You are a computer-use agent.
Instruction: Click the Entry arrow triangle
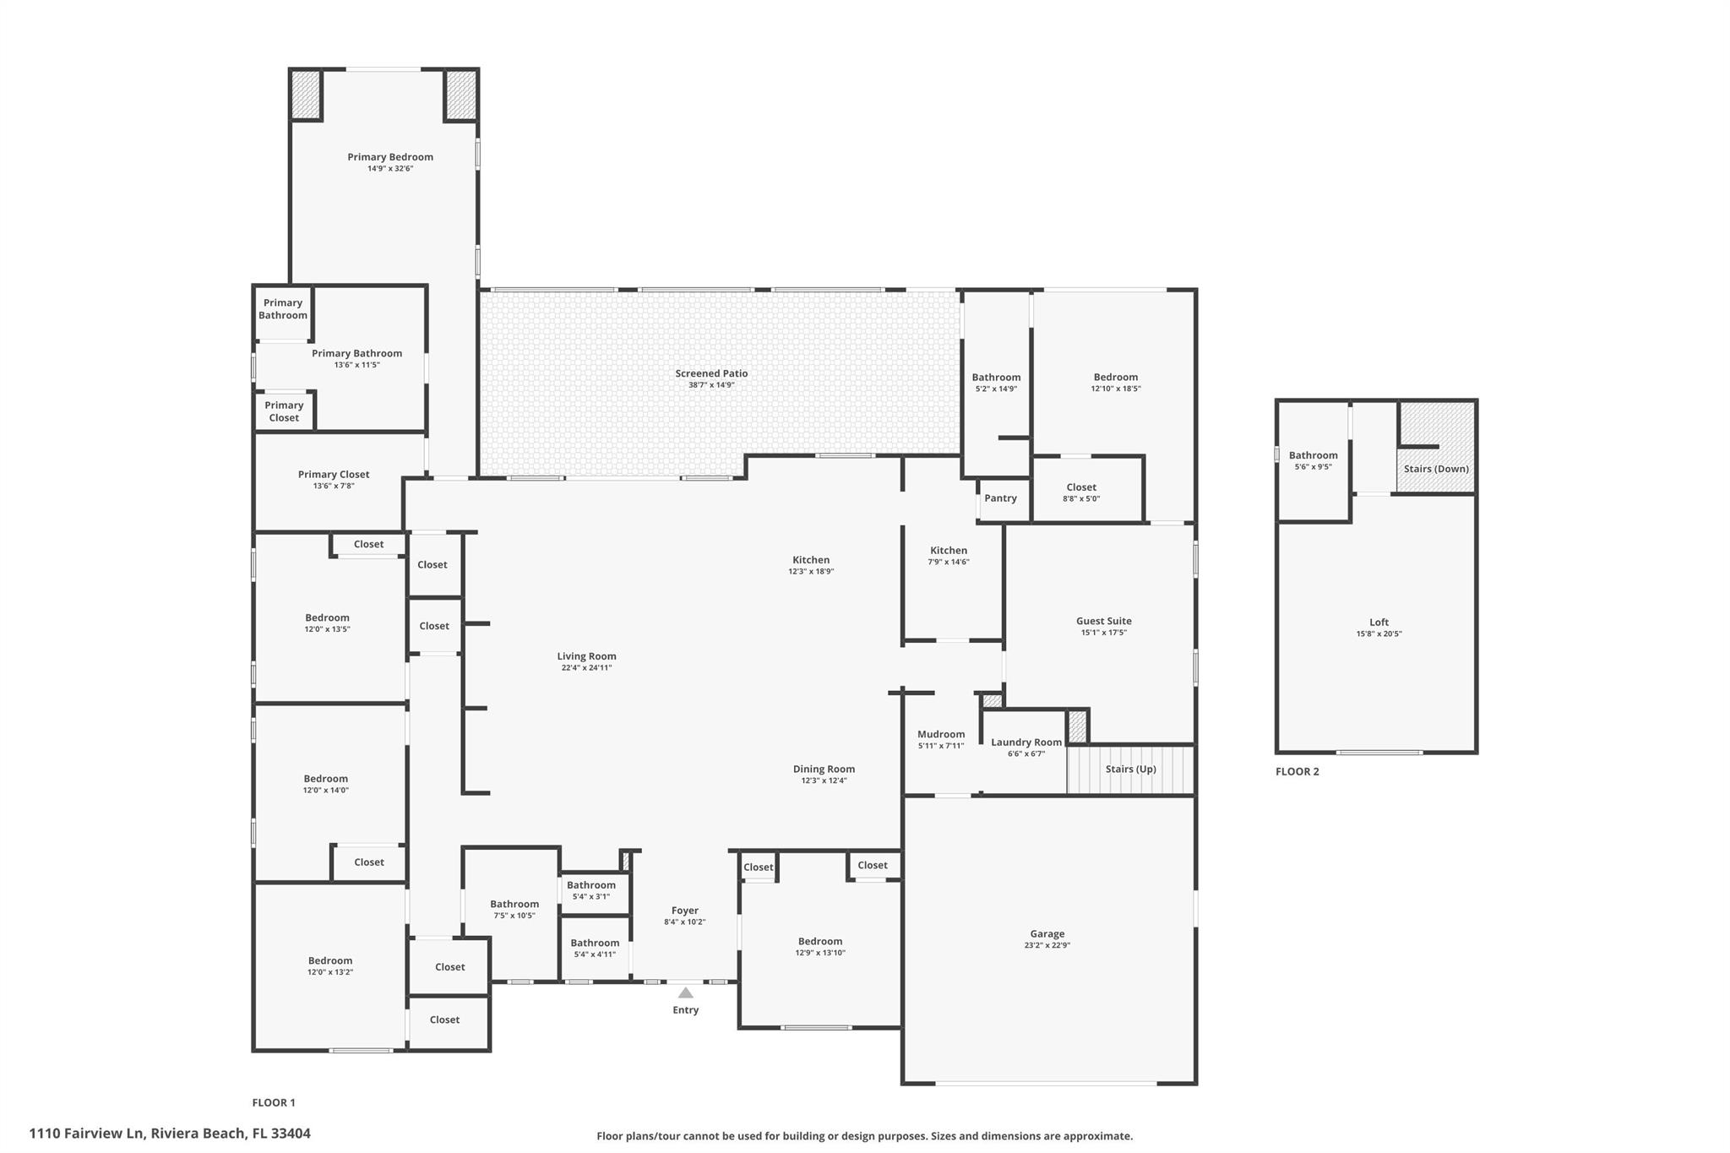tap(685, 993)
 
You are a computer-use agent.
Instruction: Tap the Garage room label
tap(1047, 933)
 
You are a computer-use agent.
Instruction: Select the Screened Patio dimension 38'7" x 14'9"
tap(711, 385)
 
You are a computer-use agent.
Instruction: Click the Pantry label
tap(1000, 498)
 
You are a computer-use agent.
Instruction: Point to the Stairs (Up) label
tap(1130, 769)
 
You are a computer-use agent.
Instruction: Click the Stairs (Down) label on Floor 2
tap(1436, 469)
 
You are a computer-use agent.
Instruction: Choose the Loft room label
tap(1379, 622)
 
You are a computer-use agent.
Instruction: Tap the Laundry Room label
tap(1025, 742)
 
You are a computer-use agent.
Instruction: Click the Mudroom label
tap(940, 734)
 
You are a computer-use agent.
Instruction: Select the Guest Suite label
tap(1103, 621)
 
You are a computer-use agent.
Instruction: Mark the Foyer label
tap(684, 911)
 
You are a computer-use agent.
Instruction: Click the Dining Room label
tap(824, 769)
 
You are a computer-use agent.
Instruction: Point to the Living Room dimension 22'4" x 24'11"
tap(586, 668)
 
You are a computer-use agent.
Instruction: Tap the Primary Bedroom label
tap(390, 157)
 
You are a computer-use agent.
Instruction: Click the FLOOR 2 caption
tap(1297, 771)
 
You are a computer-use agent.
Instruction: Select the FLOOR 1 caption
tap(274, 1102)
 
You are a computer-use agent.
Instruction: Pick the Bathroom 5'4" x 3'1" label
tap(590, 885)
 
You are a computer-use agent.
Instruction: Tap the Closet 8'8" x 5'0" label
tap(1081, 487)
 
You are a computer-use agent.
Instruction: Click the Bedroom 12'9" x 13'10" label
tap(819, 941)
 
